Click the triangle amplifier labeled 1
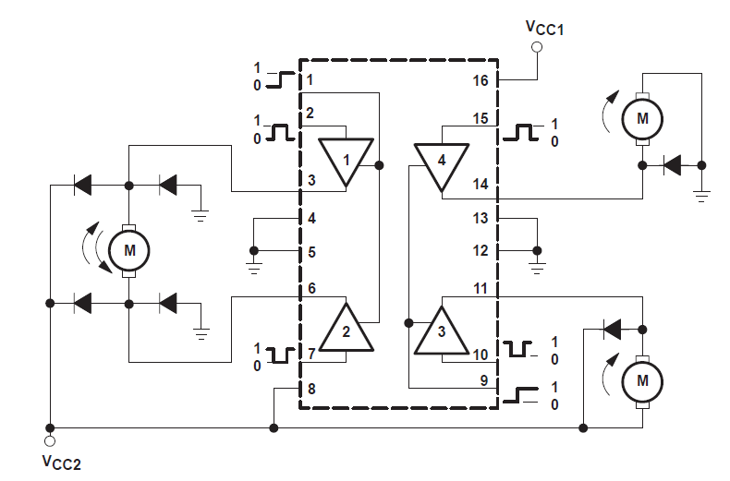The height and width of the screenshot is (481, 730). click(x=347, y=161)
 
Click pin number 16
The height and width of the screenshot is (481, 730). click(x=480, y=81)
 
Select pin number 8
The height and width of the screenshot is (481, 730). click(x=311, y=389)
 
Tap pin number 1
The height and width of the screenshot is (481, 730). click(x=310, y=80)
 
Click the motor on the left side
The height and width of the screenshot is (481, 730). click(x=128, y=249)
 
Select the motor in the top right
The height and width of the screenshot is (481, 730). click(x=641, y=117)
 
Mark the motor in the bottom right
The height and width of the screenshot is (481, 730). click(x=641, y=379)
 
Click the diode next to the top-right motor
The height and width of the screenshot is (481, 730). click(x=672, y=166)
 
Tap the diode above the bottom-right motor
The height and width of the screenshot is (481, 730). click(x=611, y=328)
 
